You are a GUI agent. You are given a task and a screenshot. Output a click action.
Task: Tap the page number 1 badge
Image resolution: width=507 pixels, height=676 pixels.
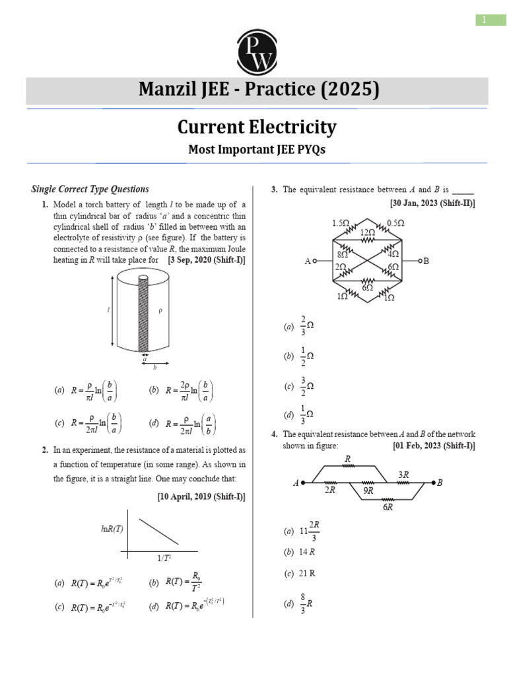(x=485, y=20)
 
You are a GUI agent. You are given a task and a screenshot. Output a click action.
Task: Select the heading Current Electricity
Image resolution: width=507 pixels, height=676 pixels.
(x=256, y=127)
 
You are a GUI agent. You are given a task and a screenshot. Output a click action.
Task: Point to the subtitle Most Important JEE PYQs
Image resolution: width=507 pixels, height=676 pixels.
(x=256, y=150)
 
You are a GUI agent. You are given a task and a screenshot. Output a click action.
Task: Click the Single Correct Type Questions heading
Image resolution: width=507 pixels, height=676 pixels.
(x=90, y=189)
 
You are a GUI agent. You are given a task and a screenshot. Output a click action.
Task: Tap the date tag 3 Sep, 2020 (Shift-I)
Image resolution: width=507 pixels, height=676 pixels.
(x=207, y=260)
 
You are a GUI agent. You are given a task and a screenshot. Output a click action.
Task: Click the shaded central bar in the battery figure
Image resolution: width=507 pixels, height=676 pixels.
(x=143, y=314)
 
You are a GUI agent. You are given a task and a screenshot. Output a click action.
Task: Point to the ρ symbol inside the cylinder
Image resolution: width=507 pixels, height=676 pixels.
(x=159, y=310)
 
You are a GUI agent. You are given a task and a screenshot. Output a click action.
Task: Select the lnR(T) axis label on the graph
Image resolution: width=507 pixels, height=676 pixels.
(x=112, y=528)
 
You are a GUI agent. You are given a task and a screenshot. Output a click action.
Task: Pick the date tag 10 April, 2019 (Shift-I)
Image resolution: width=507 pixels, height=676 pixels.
(x=201, y=497)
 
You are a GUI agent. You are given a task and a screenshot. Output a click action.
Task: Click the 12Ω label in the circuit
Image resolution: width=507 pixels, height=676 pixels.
(x=368, y=232)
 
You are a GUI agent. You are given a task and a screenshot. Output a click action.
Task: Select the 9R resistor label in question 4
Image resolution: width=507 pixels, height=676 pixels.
(x=368, y=490)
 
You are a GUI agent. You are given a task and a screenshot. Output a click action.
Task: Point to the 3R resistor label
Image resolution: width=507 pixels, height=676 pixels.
(x=403, y=474)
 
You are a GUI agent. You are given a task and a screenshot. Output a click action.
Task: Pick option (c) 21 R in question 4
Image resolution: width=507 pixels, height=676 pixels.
(x=300, y=574)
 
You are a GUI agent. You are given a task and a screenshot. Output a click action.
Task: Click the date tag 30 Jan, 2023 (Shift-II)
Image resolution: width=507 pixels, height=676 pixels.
(x=432, y=203)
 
